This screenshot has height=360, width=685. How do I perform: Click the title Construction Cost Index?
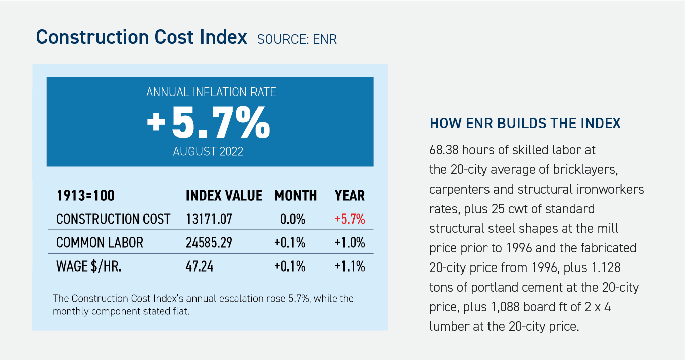tap(141, 38)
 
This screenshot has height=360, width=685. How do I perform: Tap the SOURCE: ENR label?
tap(297, 39)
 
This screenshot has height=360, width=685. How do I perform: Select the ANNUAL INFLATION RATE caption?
tap(211, 93)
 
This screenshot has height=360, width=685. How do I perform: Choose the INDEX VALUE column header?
tap(224, 195)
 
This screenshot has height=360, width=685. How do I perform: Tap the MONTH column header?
tap(296, 195)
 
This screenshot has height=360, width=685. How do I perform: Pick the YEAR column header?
tap(350, 195)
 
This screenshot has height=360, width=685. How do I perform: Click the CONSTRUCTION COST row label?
tap(114, 219)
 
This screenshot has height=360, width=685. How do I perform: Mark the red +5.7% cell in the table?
tap(350, 219)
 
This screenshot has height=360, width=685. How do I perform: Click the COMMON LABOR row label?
tap(100, 243)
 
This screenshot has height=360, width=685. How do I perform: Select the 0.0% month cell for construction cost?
tap(293, 219)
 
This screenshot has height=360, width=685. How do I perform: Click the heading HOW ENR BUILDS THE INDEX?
tap(525, 123)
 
